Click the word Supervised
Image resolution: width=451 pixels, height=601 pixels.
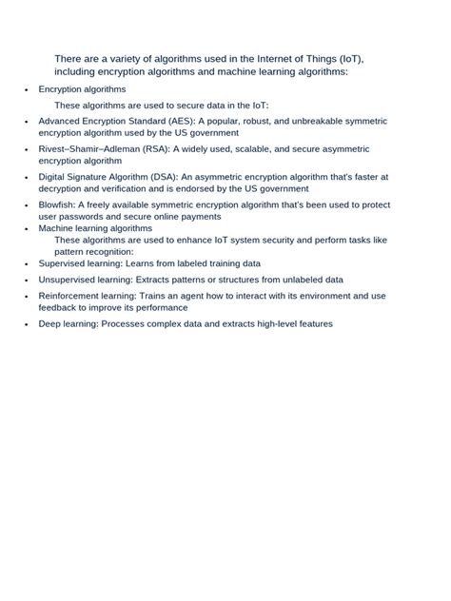coord(63,263)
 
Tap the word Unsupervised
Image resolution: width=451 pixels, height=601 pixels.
coord(69,280)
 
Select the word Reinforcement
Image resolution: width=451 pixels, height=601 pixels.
coord(69,296)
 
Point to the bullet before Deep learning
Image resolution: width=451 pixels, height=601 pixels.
coord(27,325)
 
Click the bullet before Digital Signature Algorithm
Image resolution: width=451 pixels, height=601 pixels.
coord(27,178)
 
